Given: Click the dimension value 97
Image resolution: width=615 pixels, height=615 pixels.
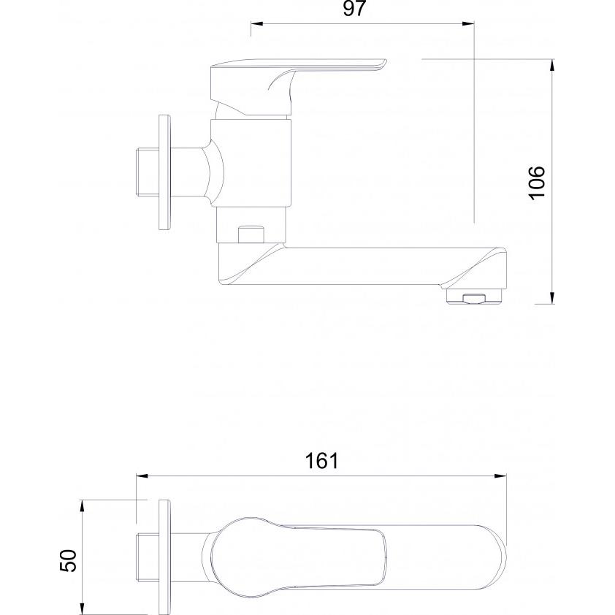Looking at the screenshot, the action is point(354,9).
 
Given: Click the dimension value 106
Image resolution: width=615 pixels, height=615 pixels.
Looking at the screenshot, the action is point(537,183).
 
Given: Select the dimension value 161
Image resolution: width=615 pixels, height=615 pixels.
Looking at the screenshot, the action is point(321,461).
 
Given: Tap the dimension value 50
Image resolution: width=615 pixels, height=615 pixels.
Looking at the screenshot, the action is point(69,560).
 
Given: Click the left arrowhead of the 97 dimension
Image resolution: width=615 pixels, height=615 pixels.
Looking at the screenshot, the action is point(256,24).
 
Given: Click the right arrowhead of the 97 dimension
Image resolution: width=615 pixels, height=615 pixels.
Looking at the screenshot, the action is point(468,24).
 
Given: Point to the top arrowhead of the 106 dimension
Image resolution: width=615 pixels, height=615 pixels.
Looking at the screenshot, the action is point(552,65).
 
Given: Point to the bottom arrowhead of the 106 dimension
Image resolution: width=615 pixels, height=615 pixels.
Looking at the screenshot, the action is point(552,298).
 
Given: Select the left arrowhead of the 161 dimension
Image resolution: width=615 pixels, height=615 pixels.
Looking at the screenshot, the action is point(142,476).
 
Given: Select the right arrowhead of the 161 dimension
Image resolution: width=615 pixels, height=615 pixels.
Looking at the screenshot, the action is point(500,476).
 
